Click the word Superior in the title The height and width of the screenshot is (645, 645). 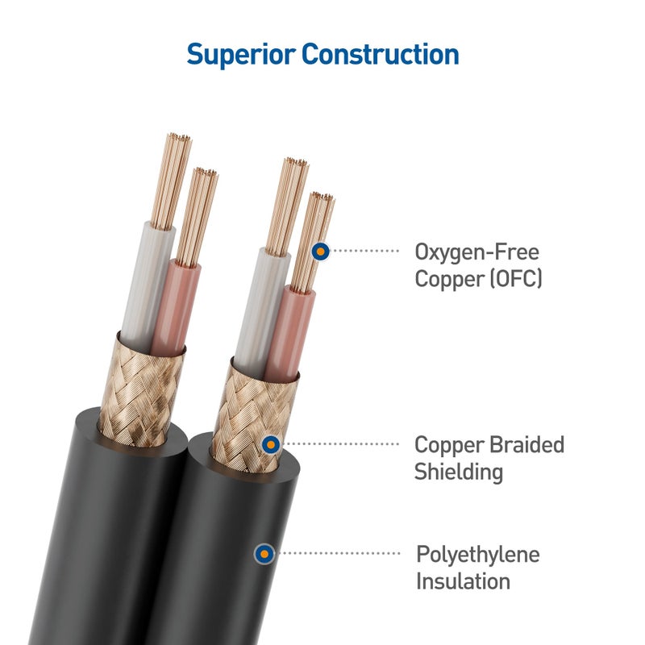tap(241, 54)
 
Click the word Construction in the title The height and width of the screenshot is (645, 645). tap(380, 54)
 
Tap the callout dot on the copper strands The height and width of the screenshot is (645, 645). tap(321, 252)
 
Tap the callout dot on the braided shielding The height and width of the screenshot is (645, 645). tap(272, 443)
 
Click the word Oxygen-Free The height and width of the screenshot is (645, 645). tap(476, 252)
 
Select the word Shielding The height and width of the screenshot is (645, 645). tap(458, 472)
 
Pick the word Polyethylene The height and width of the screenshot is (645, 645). tap(477, 555)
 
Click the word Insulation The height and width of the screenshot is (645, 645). tap(463, 581)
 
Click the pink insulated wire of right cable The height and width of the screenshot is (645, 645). tap(290, 331)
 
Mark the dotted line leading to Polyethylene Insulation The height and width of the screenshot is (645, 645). tap(339, 553)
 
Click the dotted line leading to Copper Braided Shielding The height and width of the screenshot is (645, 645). tap(343, 443)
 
